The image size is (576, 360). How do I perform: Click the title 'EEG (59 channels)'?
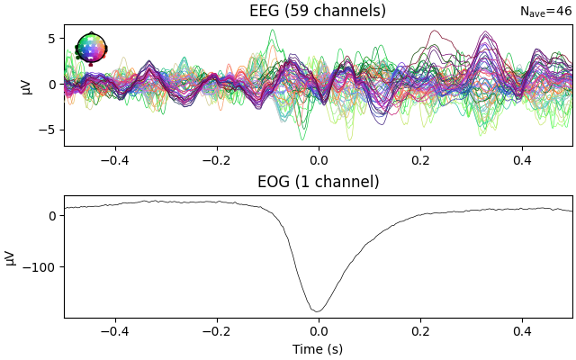318,11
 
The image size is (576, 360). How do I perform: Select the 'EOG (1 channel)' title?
318,182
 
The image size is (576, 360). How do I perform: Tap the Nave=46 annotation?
545,12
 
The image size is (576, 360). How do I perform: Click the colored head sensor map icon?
91,49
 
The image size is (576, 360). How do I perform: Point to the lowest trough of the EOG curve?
318,311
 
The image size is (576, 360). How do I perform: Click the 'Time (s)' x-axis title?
318,349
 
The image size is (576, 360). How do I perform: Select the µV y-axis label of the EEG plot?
26,85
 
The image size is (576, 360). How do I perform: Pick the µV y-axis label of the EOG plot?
11,256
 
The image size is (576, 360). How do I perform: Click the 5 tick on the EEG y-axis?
53,39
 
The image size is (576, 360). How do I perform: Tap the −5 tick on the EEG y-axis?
49,130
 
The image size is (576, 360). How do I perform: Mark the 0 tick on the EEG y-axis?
53,85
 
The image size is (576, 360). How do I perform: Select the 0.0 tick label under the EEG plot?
318,160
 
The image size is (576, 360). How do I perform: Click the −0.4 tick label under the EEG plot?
114,160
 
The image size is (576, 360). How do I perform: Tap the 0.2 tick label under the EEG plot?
420,160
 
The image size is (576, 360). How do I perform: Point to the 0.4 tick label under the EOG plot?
522,331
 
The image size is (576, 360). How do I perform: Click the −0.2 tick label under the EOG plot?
216,331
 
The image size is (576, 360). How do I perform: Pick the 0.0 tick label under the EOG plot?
318,331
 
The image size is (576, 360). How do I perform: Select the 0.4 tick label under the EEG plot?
522,160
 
